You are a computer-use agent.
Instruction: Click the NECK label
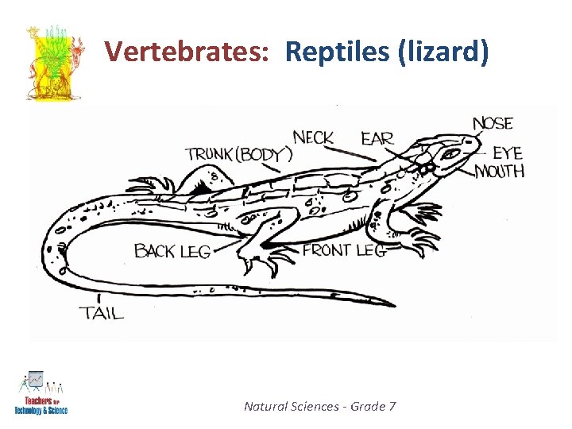point(313,137)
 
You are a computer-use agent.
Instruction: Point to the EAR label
point(377,138)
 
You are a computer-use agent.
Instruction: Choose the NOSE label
point(493,123)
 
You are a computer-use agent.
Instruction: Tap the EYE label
point(508,153)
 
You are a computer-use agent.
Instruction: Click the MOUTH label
point(500,171)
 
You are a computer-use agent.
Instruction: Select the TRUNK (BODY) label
point(238,154)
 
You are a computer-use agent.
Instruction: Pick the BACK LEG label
point(172,252)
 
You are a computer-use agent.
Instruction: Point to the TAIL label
point(102,313)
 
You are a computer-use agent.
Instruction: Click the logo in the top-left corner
point(53,63)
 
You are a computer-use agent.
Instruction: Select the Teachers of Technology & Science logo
point(41,394)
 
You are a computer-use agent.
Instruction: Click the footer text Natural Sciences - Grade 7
point(319,407)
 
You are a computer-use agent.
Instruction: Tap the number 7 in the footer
point(392,407)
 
